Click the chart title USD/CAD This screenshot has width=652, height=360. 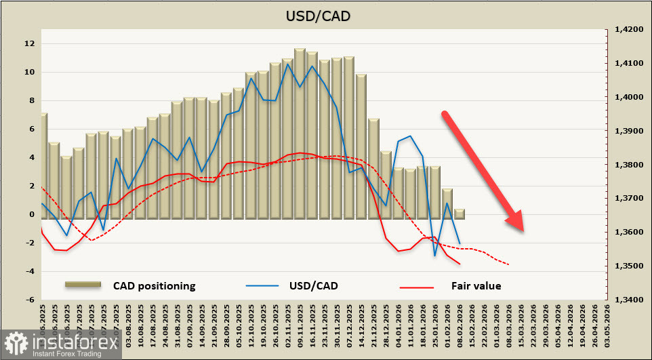325,15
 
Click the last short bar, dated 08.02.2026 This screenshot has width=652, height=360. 459,214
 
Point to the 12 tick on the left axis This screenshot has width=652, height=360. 30,44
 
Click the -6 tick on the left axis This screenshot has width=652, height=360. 30,300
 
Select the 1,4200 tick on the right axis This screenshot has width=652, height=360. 628,30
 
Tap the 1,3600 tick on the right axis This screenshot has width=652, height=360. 628,233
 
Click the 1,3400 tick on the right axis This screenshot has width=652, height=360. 628,300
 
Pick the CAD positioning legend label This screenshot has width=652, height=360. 154,286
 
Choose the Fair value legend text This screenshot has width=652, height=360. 476,286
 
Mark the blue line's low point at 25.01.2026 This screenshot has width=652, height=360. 434,256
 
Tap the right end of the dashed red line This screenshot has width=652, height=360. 508,264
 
